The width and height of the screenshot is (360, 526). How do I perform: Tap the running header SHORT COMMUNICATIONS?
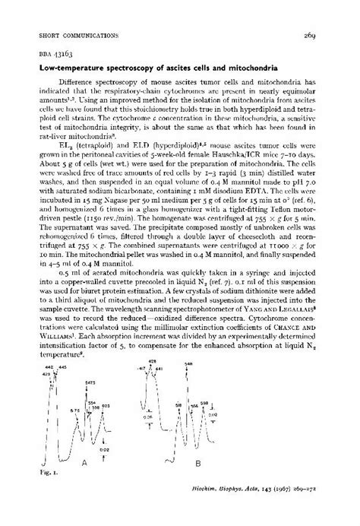[71, 36]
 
